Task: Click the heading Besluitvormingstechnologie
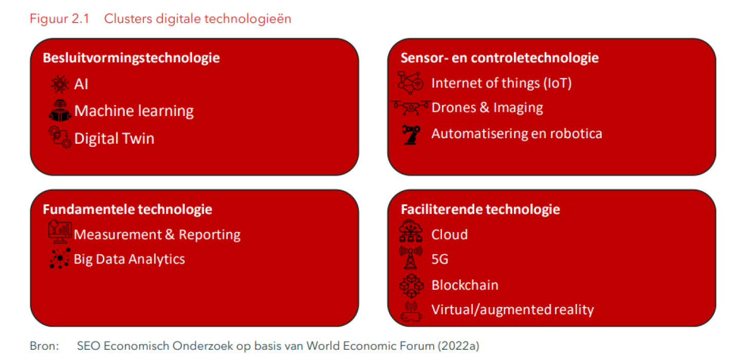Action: (131, 58)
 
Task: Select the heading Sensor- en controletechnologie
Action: (499, 58)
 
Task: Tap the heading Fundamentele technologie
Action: (127, 210)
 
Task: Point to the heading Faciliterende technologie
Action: (480, 210)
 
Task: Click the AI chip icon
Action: (60, 84)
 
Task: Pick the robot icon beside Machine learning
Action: (60, 110)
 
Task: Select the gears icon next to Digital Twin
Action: (60, 137)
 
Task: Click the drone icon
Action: (411, 108)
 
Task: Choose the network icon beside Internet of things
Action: (411, 83)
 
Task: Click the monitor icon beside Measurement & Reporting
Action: (60, 232)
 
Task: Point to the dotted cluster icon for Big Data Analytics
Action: (60, 258)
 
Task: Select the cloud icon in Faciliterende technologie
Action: (411, 231)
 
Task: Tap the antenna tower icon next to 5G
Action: (411, 258)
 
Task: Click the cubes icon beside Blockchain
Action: (411, 286)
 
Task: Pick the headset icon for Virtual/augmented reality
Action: (411, 311)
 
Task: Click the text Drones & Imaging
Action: (487, 108)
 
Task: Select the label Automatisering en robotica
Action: (516, 134)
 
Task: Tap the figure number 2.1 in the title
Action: (80, 19)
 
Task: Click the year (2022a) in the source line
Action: (458, 346)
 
